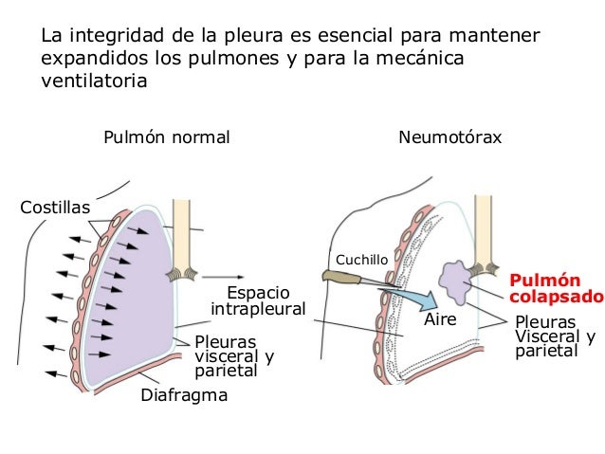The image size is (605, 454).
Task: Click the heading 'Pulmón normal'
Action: [x=167, y=138]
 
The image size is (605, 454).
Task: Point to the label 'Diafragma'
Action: [x=184, y=395]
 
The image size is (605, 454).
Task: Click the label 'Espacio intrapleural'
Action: [x=258, y=300]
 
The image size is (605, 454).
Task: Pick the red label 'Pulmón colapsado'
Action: [x=556, y=288]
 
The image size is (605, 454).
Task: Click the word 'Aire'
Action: [x=440, y=320]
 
